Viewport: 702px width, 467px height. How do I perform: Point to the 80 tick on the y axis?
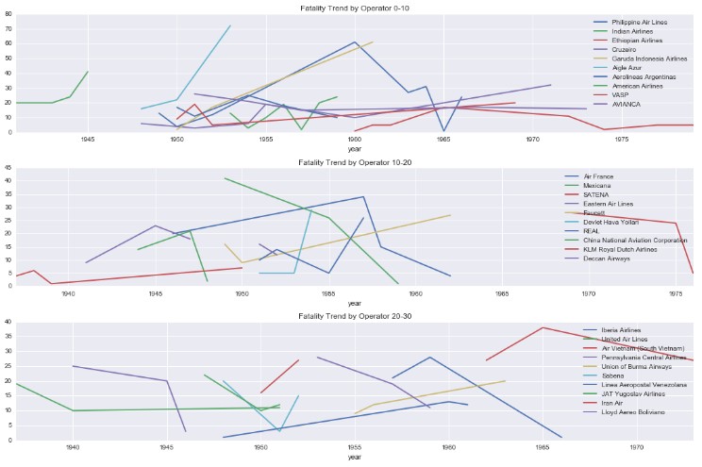pyautogui.click(x=8, y=14)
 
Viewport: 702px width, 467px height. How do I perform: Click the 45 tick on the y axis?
pyautogui.click(x=8, y=169)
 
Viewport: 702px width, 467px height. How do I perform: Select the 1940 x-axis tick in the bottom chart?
pyautogui.click(x=72, y=448)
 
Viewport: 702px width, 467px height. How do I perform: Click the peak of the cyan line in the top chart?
pyautogui.click(x=229, y=25)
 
